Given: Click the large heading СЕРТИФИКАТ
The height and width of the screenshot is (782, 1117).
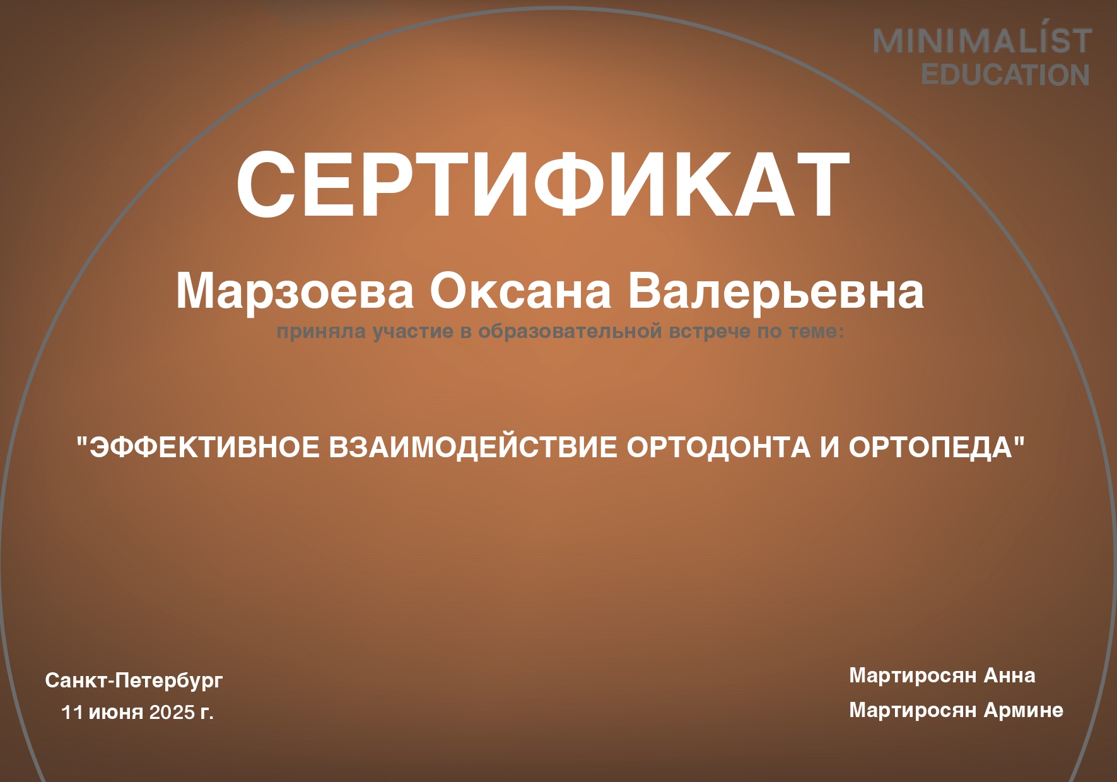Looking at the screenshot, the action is coord(543,184).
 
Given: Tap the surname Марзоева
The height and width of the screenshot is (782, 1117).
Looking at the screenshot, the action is coord(295,291).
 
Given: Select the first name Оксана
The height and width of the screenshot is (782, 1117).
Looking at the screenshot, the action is coord(520,291).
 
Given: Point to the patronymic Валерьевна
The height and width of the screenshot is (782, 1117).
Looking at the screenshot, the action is coord(776,291).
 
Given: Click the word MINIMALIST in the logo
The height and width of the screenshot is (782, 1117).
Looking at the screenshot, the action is coord(983,41).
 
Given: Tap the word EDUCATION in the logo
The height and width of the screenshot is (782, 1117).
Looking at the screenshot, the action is coord(1005,75).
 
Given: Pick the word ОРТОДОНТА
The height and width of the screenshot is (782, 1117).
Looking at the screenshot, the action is coord(718,447).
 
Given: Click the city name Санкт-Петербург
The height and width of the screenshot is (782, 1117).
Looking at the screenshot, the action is coord(134,680).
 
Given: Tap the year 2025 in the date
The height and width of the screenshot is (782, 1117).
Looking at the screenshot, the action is coord(172,712).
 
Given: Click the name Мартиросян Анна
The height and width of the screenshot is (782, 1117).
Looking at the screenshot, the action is coord(942,675).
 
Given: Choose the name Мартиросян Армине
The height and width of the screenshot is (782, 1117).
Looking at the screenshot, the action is coord(956,710).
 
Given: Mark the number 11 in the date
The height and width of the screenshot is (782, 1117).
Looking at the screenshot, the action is coord(72,712).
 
